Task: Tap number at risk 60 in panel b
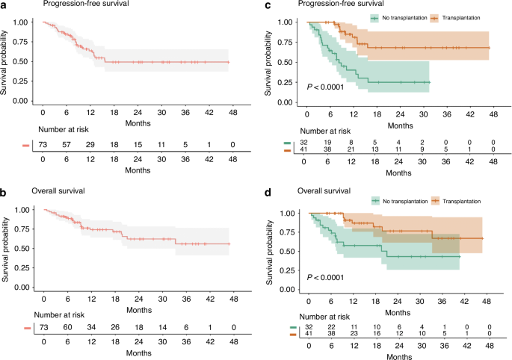[x=69, y=326]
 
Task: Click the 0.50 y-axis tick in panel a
[x=24, y=61]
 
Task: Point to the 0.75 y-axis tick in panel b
[x=24, y=229]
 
